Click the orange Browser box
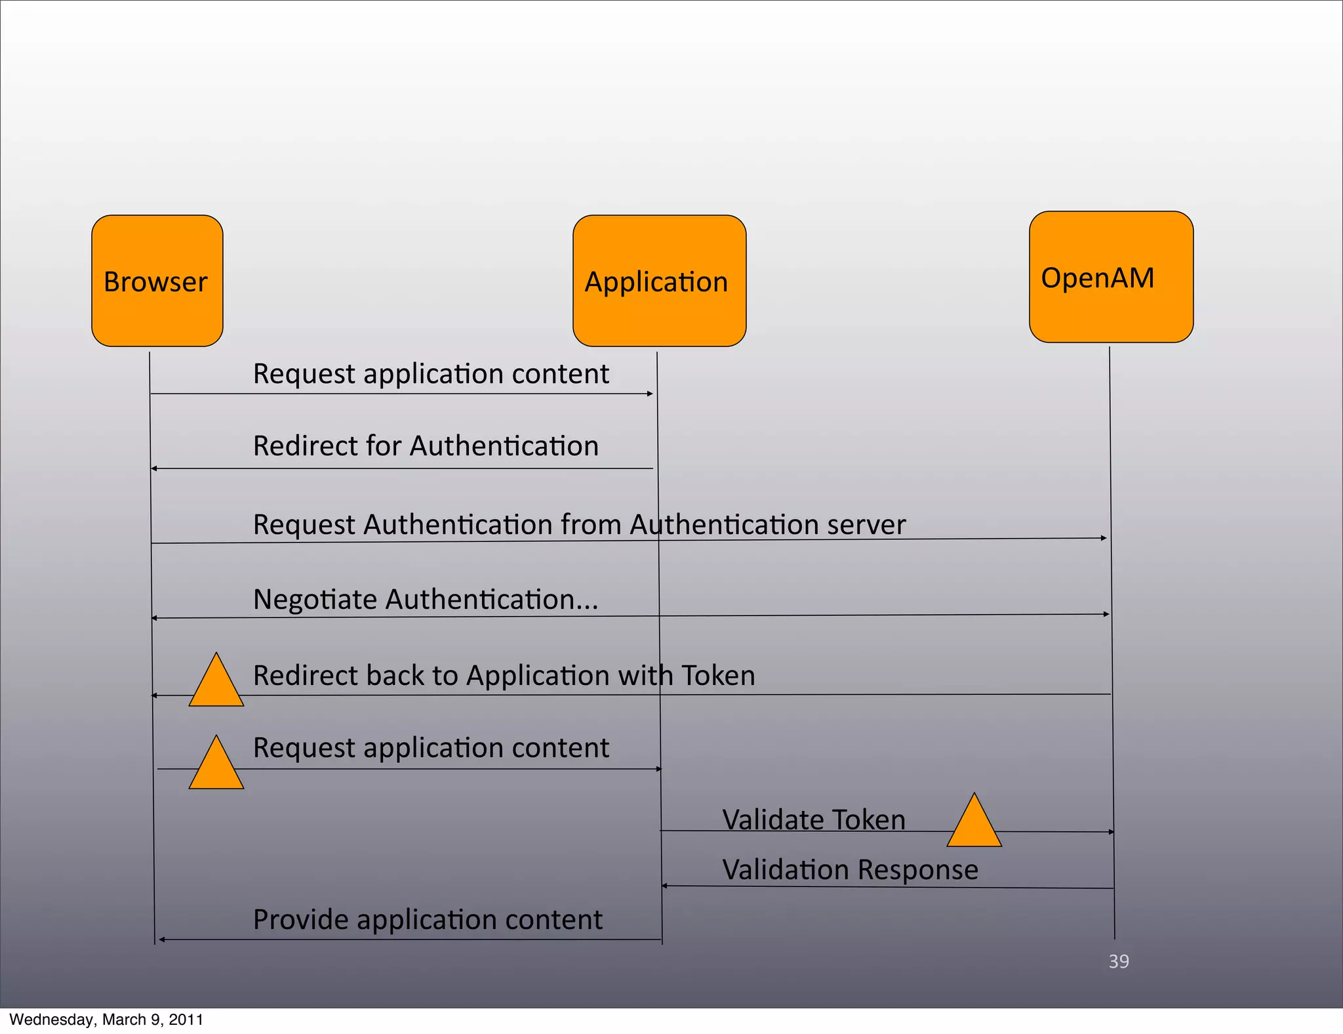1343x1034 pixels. (157, 281)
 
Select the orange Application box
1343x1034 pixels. (659, 281)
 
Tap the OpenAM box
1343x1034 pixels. (1111, 277)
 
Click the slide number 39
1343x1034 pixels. (1119, 961)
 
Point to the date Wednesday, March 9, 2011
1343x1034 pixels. (106, 1020)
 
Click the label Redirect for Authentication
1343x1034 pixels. (426, 446)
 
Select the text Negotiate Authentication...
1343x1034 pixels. (426, 600)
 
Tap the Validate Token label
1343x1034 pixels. (814, 820)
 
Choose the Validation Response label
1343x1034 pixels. (850, 870)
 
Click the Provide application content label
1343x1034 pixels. (428, 920)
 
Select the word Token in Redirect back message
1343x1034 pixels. (718, 676)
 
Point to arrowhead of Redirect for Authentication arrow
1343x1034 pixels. (154, 468)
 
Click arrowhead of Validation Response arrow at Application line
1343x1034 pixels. (664, 886)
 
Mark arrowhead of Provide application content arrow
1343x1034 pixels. (161, 940)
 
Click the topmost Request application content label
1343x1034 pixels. (431, 374)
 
